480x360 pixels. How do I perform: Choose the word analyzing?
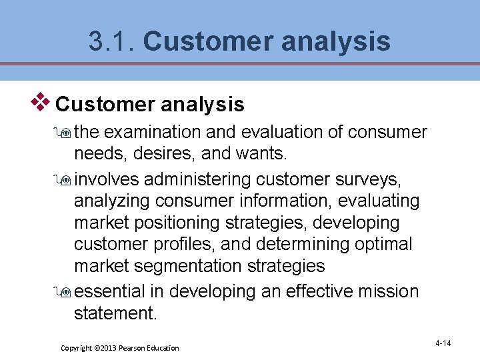point(111,201)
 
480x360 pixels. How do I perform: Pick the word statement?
point(115,313)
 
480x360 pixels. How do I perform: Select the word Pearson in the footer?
point(133,348)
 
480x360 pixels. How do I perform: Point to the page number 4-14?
point(443,343)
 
